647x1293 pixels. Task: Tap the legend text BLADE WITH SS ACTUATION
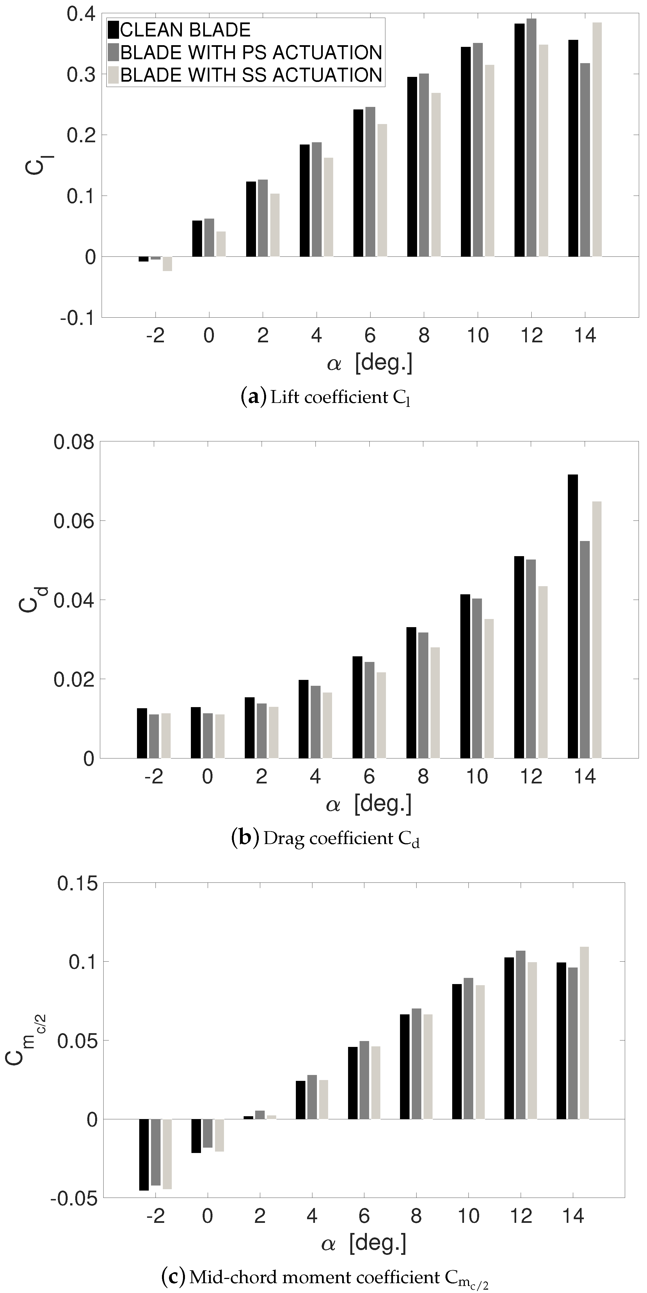(x=251, y=75)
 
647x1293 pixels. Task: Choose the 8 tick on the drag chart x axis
(x=423, y=776)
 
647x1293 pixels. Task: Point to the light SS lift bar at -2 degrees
(x=167, y=263)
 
